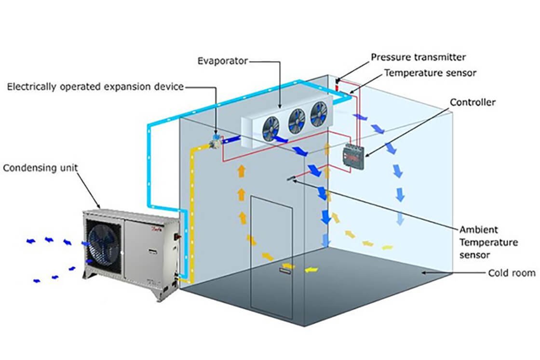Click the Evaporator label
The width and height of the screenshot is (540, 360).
[223, 61]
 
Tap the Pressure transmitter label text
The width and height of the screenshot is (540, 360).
[418, 57]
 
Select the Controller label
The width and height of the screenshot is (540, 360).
[472, 103]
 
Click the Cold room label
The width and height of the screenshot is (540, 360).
[512, 273]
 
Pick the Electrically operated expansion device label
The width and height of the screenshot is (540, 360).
[95, 87]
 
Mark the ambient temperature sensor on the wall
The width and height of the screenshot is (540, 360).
[291, 179]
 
